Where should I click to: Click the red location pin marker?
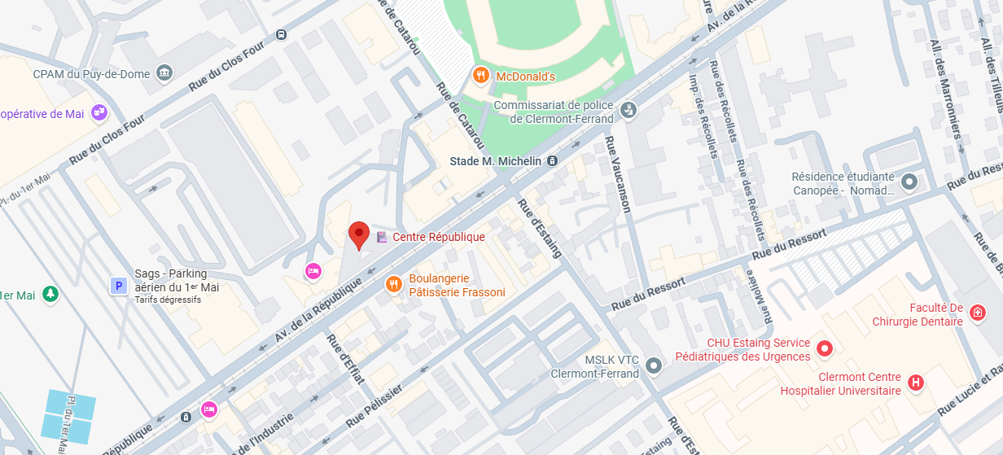[359, 234]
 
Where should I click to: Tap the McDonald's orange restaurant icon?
[481, 76]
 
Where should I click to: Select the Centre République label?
[438, 237]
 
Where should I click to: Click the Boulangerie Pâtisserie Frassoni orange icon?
[393, 284]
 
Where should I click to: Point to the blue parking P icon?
[119, 285]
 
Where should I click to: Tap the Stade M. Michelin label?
[495, 161]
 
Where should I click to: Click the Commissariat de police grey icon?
[628, 109]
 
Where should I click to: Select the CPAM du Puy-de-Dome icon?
[164, 73]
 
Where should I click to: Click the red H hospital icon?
[916, 383]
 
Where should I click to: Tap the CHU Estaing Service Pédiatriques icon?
[824, 349]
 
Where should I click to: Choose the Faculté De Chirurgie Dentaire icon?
[978, 312]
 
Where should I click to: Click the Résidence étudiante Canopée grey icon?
[909, 182]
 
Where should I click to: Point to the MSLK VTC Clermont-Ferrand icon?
[653, 365]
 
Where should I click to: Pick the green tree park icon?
[50, 293]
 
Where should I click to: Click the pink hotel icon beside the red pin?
[313, 271]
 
